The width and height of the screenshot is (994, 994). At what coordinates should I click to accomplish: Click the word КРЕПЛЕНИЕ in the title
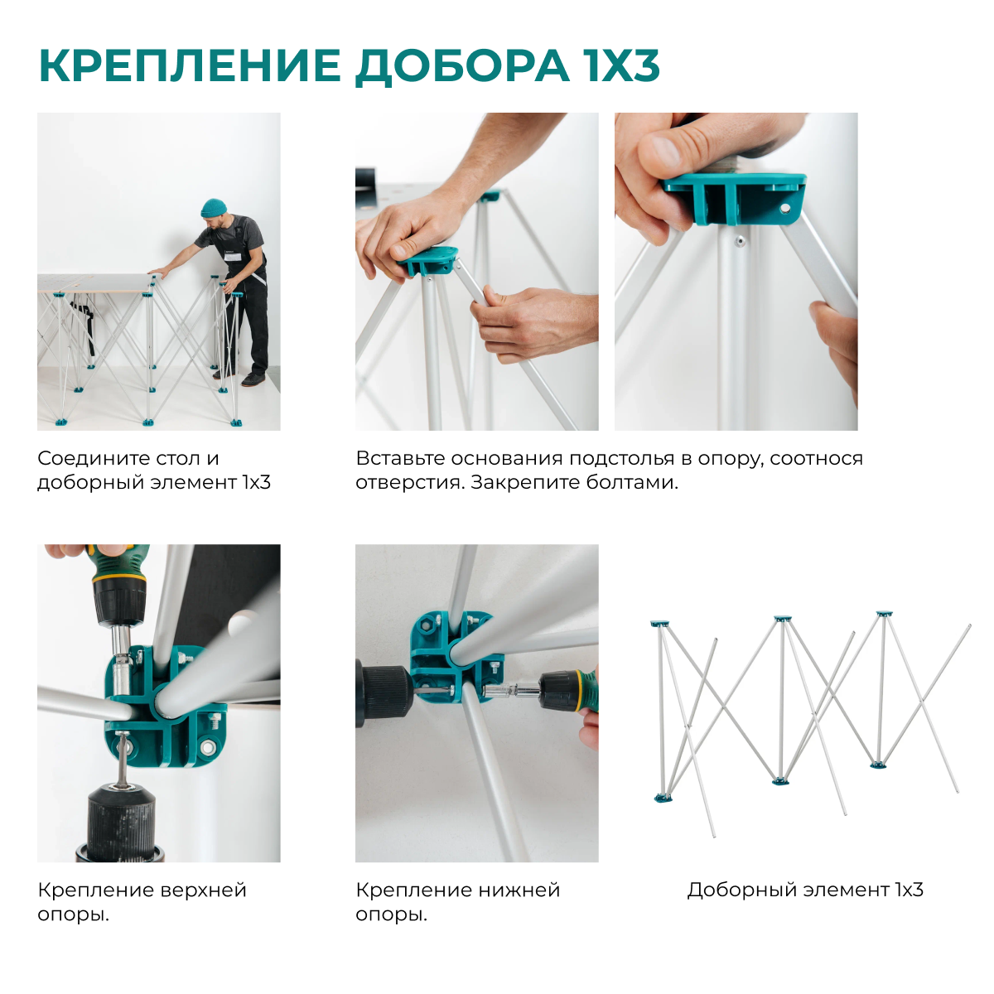click(190, 66)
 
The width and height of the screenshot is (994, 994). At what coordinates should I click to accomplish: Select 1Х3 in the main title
click(622, 66)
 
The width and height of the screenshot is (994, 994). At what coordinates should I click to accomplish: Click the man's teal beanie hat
click(214, 206)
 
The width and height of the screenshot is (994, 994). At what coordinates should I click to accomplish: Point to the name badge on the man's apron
click(234, 256)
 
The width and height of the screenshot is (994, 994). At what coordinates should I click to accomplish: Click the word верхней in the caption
click(203, 890)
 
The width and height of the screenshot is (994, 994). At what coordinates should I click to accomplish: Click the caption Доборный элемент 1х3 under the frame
click(804, 890)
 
